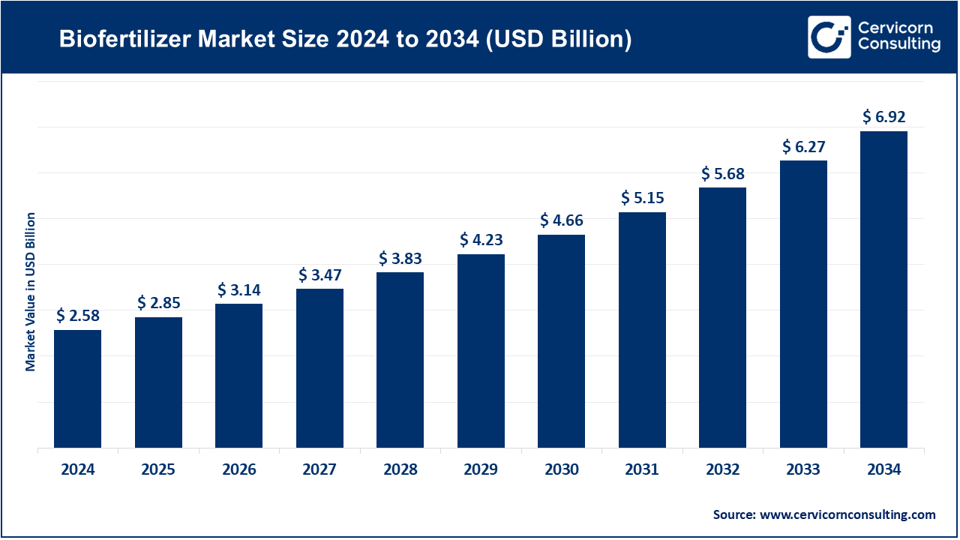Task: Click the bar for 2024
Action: (77, 388)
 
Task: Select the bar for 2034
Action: (883, 289)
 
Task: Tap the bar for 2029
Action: (481, 351)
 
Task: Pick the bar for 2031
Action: (642, 330)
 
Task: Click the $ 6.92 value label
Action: (883, 117)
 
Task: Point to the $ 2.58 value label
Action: (77, 316)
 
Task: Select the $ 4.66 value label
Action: (562, 220)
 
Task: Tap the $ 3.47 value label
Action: (319, 274)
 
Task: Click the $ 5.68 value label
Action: (723, 173)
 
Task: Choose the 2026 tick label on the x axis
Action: (238, 470)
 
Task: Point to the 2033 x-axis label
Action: (803, 470)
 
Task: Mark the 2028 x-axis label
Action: (400, 470)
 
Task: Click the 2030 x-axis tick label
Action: (562, 470)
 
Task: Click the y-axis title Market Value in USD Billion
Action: (31, 291)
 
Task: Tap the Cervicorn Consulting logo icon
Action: (829, 37)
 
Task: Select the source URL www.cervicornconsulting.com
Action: (847, 514)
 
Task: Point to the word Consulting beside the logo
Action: (899, 45)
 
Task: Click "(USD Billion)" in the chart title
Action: (556, 40)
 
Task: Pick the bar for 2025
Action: (158, 382)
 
